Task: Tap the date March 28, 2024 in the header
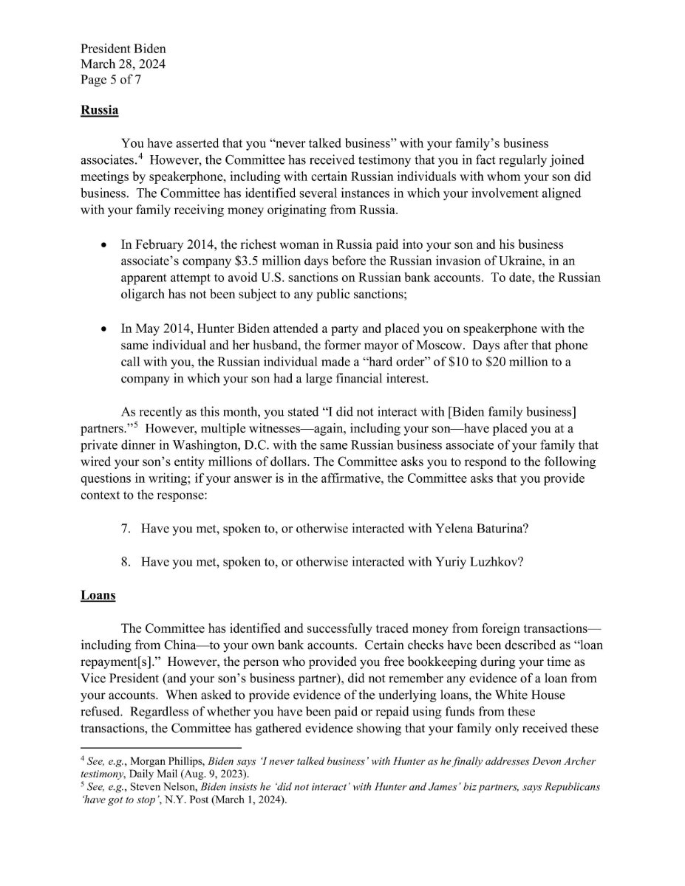pyautogui.click(x=123, y=64)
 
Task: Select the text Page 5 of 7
pyautogui.click(x=111, y=80)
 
